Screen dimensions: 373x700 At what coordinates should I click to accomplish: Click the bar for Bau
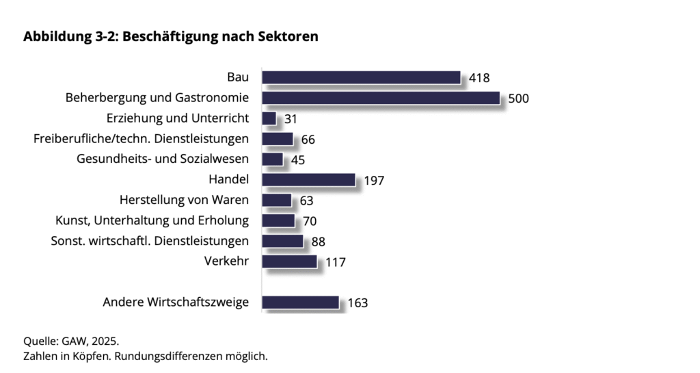click(361, 77)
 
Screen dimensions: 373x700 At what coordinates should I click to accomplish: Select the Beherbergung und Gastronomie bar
click(381, 98)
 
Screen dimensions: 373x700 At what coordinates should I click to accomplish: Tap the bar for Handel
click(308, 180)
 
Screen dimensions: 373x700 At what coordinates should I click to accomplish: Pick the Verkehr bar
click(289, 261)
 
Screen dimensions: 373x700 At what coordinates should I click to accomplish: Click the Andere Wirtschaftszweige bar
click(300, 302)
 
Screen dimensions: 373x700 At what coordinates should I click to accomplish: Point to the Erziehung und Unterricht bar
click(269, 118)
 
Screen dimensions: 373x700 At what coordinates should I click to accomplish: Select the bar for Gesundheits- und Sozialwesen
click(272, 159)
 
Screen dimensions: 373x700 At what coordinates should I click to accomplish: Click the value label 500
click(519, 99)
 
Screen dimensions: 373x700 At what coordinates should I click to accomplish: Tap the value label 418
click(479, 78)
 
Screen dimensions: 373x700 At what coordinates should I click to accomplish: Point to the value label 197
click(374, 181)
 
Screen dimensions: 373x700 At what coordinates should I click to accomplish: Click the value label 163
click(358, 303)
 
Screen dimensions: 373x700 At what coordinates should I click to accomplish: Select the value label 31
click(291, 119)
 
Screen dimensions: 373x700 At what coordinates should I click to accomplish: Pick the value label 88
click(318, 242)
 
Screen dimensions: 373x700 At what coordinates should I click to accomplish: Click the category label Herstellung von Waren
click(184, 201)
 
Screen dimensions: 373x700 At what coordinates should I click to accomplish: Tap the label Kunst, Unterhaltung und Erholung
click(152, 220)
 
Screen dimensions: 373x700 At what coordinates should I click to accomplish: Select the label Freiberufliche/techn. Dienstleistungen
click(141, 139)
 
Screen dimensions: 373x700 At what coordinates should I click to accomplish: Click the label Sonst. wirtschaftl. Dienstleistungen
click(150, 241)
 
